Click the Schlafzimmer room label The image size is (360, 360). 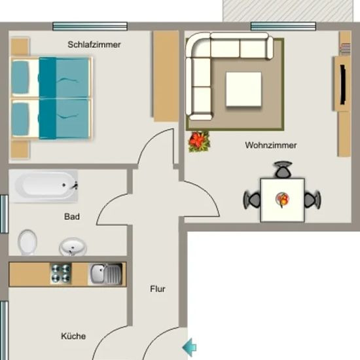click(94, 45)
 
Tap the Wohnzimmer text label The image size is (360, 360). click(271, 145)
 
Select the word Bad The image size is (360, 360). click(72, 217)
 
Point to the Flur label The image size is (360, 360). click(158, 289)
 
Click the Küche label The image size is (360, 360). click(73, 336)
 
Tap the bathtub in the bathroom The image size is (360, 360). click(44, 186)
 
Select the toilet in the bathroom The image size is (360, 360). click(27, 242)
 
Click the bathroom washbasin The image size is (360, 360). click(73, 247)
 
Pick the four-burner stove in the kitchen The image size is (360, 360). click(61, 274)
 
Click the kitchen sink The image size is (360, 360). click(105, 274)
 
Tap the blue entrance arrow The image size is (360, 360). click(189, 348)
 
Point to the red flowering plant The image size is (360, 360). click(199, 141)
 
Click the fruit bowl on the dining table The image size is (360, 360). click(282, 199)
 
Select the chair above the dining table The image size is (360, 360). click(283, 170)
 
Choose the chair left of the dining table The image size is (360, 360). click(252, 200)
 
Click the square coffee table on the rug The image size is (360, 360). click(243, 89)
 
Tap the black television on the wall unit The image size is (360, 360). click(343, 84)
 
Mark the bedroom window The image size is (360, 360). click(90, 26)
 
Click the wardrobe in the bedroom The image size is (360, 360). click(166, 76)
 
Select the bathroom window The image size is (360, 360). click(4, 214)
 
